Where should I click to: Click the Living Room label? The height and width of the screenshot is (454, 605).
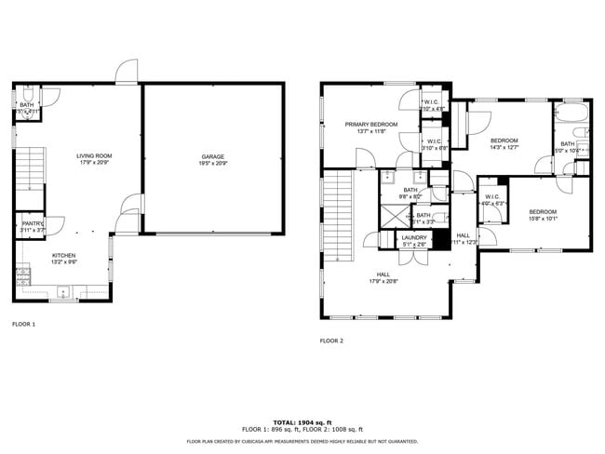[x=94, y=156]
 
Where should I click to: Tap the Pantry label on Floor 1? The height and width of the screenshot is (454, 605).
[x=33, y=223]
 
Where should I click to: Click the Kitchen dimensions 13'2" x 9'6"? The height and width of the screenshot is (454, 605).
[x=63, y=262]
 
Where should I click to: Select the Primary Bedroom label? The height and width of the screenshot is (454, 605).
[x=370, y=125]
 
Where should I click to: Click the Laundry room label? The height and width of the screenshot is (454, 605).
[x=414, y=237]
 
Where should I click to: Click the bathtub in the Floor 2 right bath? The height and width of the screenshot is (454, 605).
[x=569, y=115]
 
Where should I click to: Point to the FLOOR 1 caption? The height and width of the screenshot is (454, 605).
[x=23, y=325]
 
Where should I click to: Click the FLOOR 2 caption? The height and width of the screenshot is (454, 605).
[x=331, y=340]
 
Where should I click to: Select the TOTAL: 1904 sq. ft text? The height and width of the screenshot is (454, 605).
[x=302, y=421]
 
